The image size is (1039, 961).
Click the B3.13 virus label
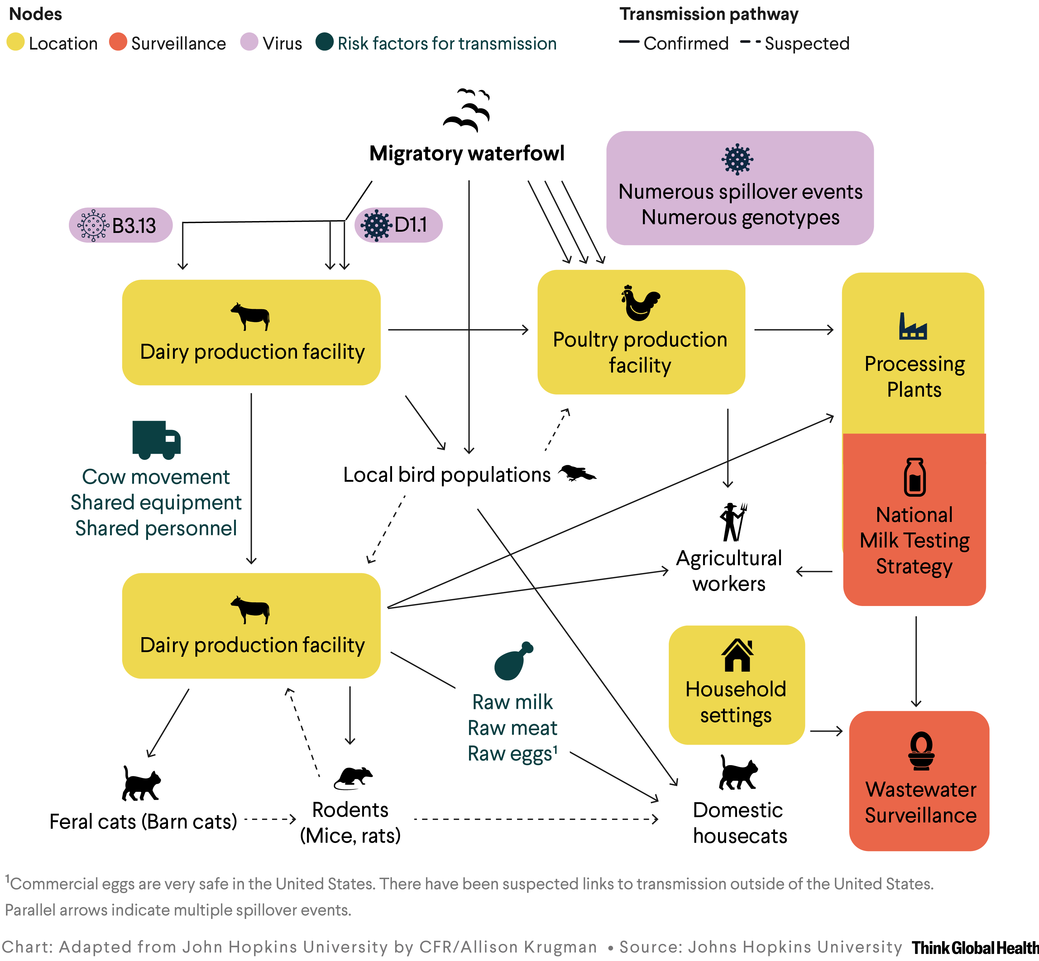point(121,225)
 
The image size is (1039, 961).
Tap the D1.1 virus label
point(399,225)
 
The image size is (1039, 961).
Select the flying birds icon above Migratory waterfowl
point(467,110)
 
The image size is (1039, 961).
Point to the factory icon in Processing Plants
point(912,327)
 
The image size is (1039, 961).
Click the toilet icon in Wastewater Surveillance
point(921,750)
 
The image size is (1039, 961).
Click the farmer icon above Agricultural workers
point(733,522)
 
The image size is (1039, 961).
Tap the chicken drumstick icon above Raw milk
point(513,660)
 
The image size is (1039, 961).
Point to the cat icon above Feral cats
point(141,783)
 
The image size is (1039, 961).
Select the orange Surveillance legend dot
point(118,42)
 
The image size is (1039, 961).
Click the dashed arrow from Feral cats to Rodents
point(270,820)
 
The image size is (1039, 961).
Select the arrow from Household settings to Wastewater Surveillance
point(826,731)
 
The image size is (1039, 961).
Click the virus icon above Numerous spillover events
point(737,159)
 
